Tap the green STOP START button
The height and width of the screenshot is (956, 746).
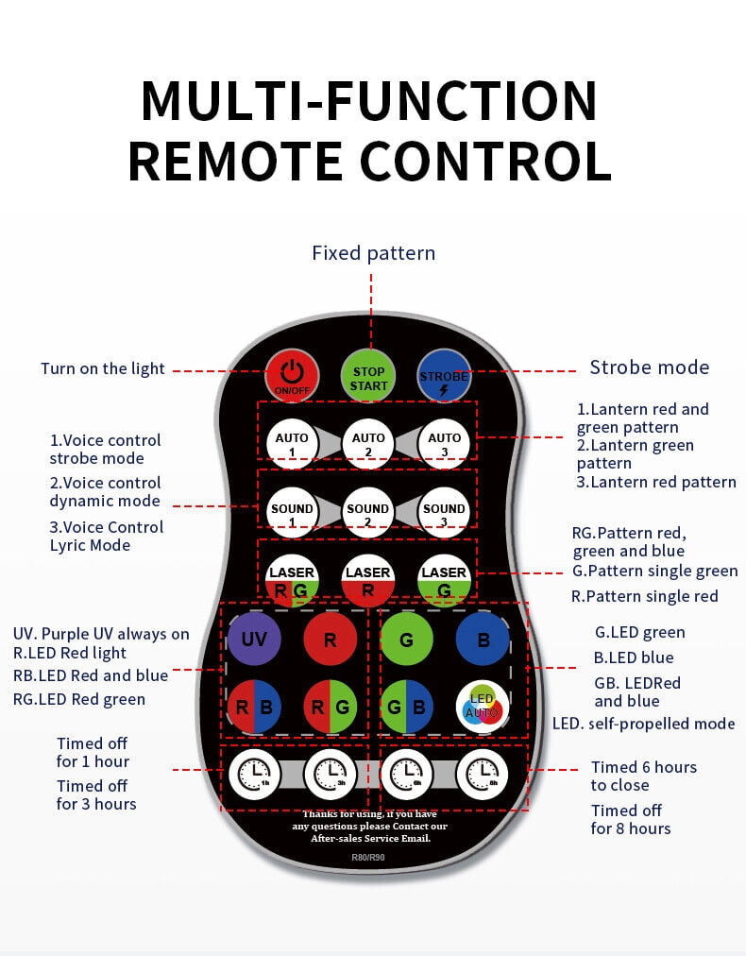(368, 377)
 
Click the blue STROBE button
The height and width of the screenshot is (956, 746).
(445, 376)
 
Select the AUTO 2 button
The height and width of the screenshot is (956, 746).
(368, 443)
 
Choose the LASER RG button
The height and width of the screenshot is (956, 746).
(292, 580)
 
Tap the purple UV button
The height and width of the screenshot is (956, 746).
(254, 639)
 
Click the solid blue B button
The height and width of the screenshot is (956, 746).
(483, 639)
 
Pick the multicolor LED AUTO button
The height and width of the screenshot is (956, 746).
(483, 706)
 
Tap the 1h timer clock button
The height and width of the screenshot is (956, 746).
(254, 775)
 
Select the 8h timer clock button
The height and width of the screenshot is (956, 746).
(483, 775)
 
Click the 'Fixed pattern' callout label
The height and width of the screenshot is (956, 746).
(374, 253)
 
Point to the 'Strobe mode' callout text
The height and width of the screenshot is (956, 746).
(649, 367)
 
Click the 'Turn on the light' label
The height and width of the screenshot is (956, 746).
(102, 368)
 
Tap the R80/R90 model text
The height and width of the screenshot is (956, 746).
(368, 857)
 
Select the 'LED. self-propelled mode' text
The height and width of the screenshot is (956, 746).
(644, 724)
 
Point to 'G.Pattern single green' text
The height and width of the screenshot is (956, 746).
(655, 572)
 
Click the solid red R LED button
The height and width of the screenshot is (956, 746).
(331, 639)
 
